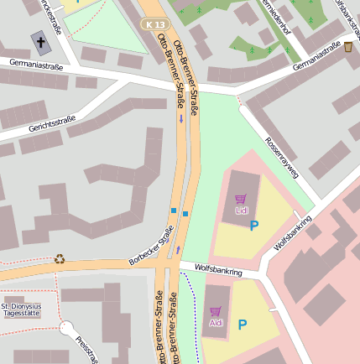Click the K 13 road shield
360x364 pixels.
(154, 25)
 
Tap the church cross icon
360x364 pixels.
(40, 40)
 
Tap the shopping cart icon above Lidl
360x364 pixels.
(241, 200)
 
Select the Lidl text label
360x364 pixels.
(242, 211)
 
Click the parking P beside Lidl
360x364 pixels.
(254, 225)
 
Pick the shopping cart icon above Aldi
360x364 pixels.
(216, 311)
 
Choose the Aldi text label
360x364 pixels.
(216, 323)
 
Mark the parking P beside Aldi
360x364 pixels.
(243, 325)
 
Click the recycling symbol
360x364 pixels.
(60, 258)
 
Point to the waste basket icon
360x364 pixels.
(348, 47)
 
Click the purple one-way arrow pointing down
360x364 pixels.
(180, 118)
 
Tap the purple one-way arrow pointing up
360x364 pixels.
(178, 249)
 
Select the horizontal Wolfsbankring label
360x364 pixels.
(217, 270)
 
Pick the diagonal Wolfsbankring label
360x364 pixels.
(293, 234)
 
